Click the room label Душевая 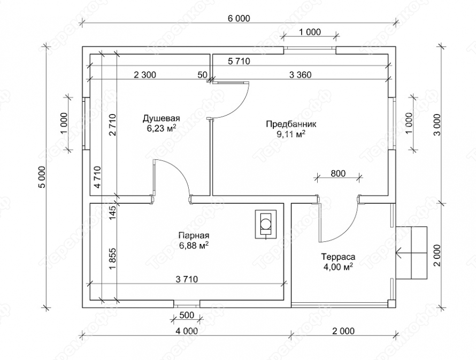(162, 118)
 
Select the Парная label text (194, 235)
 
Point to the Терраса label (339, 257)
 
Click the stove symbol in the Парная (266, 224)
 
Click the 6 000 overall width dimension (239, 19)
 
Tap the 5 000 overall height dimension (42, 177)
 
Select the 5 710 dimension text (239, 62)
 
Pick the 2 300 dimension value (145, 75)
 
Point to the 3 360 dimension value (300, 75)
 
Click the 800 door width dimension (338, 173)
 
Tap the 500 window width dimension (187, 316)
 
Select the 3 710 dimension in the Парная (187, 279)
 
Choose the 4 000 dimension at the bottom (187, 331)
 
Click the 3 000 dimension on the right (437, 125)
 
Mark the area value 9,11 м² (291, 134)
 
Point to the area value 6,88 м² (194, 246)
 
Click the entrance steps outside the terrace (412, 253)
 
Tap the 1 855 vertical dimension (112, 259)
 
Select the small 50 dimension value (202, 75)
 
